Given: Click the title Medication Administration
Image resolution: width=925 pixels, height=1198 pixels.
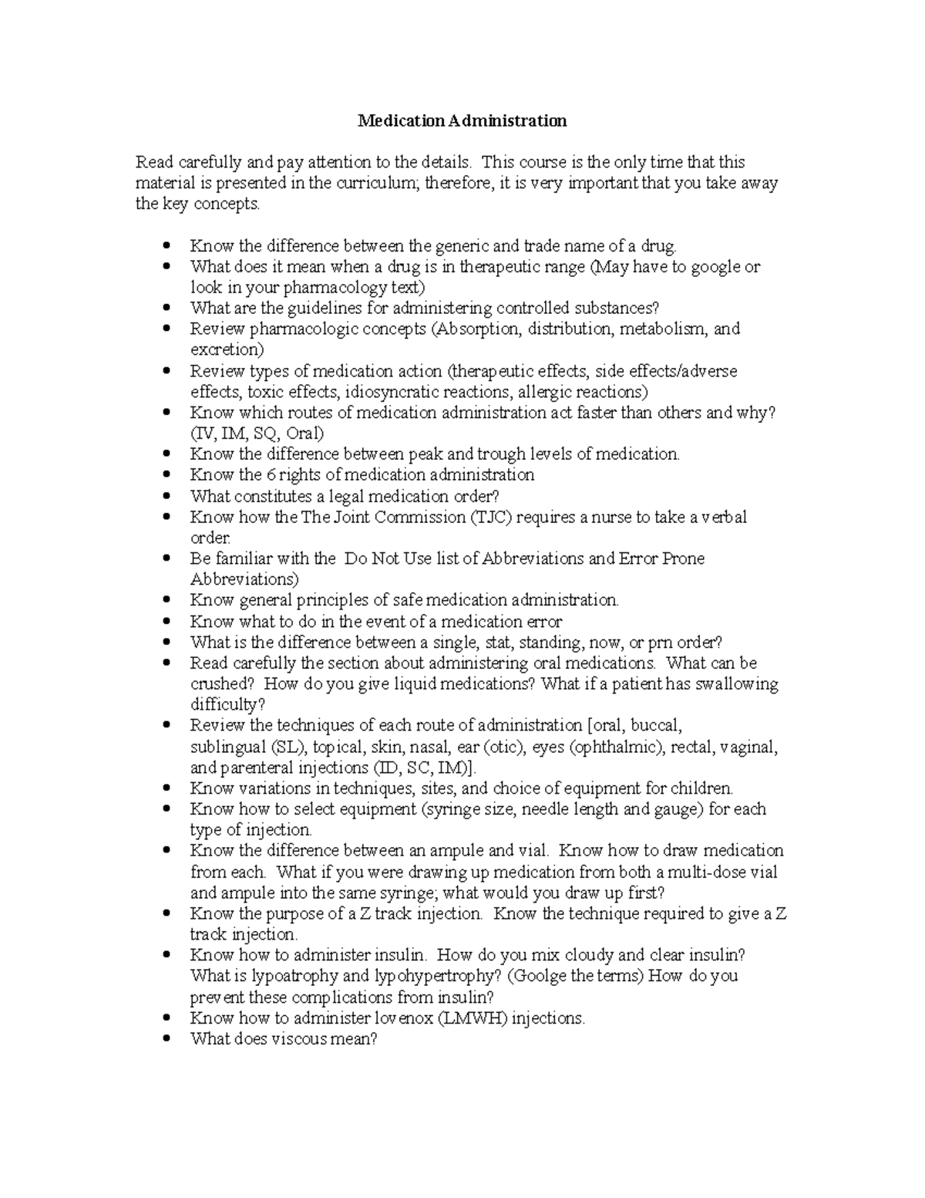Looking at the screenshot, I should [462, 121].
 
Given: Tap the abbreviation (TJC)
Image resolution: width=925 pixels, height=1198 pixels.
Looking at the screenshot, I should [489, 517].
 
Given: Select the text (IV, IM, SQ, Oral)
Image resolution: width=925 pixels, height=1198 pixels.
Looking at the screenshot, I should [257, 434].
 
